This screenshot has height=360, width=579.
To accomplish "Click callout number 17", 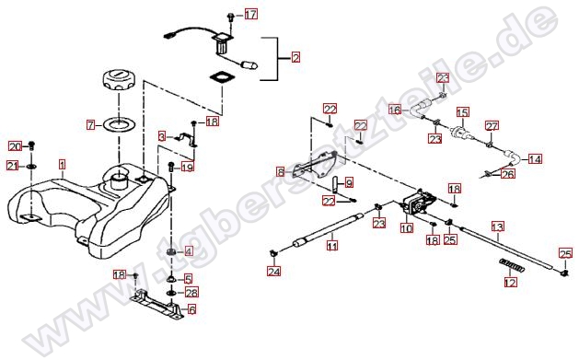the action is (250, 15).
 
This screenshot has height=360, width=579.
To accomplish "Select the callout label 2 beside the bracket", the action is (295, 58).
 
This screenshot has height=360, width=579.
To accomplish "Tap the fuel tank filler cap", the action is (118, 80).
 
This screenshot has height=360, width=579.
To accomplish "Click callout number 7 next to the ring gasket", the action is (91, 125).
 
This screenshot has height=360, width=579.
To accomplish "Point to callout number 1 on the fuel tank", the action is (62, 164).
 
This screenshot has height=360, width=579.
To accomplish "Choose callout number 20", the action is (15, 147).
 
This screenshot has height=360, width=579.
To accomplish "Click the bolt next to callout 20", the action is (31, 145).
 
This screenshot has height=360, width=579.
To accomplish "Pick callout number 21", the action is (13, 166).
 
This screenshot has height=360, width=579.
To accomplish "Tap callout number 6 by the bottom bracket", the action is (191, 309).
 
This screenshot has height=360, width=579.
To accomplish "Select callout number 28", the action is (191, 293).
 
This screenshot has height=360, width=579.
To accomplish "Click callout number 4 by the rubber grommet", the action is (189, 251).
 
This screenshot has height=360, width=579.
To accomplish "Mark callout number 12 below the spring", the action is (511, 283).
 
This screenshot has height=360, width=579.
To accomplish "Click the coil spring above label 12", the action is (512, 265).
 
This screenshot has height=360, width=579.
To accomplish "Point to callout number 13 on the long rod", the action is (498, 226).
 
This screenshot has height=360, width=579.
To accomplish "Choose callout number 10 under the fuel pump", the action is (407, 228).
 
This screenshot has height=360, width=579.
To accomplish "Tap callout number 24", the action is (274, 272).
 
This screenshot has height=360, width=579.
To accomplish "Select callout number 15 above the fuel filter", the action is (462, 112).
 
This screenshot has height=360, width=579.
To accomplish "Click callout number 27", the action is (492, 126).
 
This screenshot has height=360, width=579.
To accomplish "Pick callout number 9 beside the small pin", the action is (349, 182).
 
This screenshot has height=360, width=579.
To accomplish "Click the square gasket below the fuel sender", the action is (222, 77).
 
